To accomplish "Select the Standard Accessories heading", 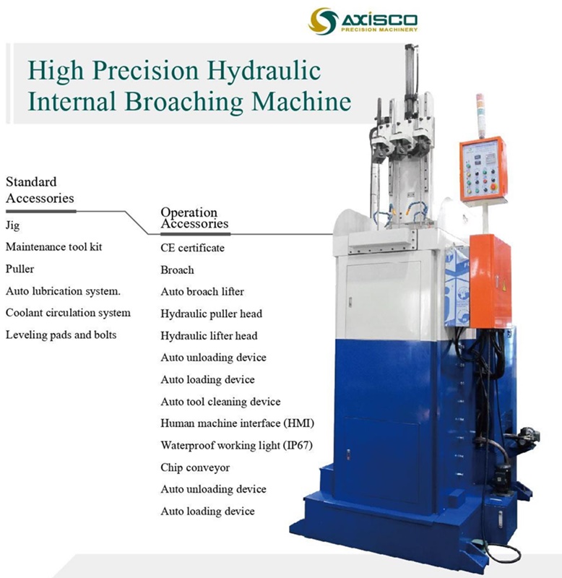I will (x=40, y=189).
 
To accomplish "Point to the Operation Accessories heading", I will (x=194, y=217).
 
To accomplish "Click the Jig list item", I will (x=12, y=225).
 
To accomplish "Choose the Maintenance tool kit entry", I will (x=54, y=247).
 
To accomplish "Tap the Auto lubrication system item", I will (x=63, y=291).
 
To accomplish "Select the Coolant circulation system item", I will (x=68, y=313).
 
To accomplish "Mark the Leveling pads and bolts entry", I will (x=61, y=335).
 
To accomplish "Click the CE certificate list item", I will (x=192, y=248).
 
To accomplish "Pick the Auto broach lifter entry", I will (x=202, y=292).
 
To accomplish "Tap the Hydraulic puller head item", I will (x=211, y=314).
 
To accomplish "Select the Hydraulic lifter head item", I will (x=209, y=335).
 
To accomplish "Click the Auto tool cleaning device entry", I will (x=220, y=401).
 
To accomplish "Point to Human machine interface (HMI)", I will (x=227, y=423).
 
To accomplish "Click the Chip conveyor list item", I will (x=195, y=467).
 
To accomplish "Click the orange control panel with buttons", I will (x=483, y=168).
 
